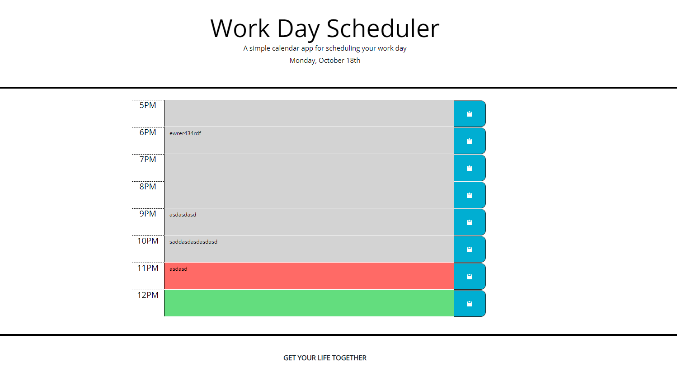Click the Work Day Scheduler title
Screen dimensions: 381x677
324,28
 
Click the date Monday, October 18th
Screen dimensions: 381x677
324,61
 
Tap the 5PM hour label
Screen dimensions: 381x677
148,105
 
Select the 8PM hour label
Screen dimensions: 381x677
148,187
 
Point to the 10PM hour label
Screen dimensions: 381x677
148,241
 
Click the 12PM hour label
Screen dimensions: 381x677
148,295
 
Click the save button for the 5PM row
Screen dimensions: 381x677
469,114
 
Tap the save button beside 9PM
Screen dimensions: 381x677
469,222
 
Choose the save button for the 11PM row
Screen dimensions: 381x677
469,277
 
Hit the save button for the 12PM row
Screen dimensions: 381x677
469,304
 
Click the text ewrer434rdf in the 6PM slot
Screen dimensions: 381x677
185,133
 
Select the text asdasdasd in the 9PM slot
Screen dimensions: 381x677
183,215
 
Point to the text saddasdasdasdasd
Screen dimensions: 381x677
193,242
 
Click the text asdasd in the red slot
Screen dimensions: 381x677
178,269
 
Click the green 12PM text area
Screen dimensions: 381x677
309,303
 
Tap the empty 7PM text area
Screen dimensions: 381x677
309,168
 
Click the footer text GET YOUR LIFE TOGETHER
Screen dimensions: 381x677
324,358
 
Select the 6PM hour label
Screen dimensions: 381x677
148,132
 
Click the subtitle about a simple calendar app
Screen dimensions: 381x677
324,48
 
